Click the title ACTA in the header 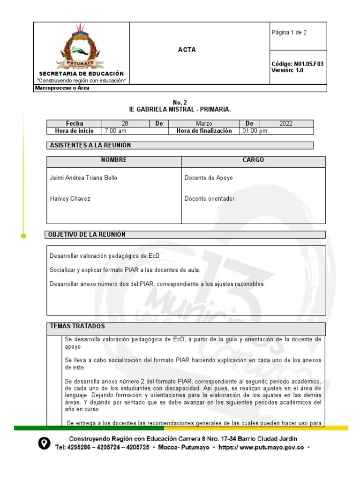pos(187,50)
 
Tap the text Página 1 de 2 pos(289,32)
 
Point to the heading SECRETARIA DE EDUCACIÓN pos(82,74)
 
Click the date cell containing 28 pos(125,124)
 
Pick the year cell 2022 pos(285,124)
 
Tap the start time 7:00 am pos(115,131)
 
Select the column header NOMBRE pos(114,160)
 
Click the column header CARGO pos(253,160)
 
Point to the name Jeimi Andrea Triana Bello pos(83,178)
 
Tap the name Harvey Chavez pos(70,199)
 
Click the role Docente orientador pos(210,199)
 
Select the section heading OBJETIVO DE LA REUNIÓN pos(88,234)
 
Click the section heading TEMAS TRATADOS pos(77,326)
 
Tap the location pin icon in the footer pos(44,443)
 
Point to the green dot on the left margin pos(22,236)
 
